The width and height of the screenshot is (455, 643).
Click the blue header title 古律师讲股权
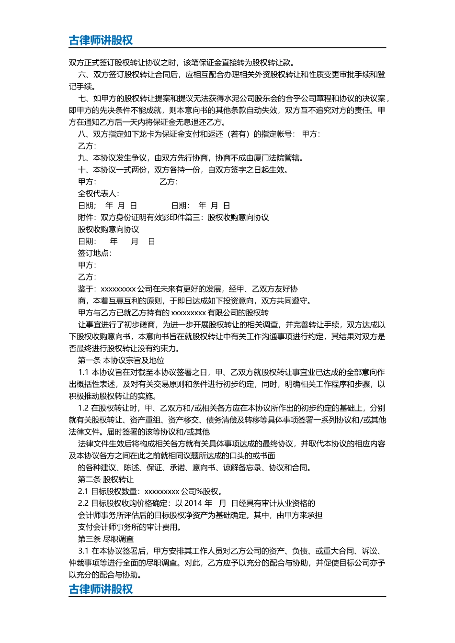click(x=101, y=40)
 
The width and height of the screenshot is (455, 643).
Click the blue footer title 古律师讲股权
click(x=101, y=589)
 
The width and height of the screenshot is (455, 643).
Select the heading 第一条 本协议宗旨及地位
click(x=121, y=360)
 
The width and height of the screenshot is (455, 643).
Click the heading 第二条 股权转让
click(x=106, y=479)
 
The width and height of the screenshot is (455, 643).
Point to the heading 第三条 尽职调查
click(x=106, y=539)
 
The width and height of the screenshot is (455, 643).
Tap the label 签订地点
click(x=94, y=253)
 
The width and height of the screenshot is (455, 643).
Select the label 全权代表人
click(x=98, y=194)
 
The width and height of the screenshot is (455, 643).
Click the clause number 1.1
click(x=83, y=372)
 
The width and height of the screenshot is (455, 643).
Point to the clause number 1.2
click(x=83, y=408)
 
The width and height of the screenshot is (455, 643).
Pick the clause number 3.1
click(x=83, y=551)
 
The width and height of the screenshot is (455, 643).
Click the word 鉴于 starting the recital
click(x=86, y=289)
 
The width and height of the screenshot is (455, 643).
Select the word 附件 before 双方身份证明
click(x=86, y=218)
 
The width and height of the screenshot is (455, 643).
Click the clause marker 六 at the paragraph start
click(x=82, y=75)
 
